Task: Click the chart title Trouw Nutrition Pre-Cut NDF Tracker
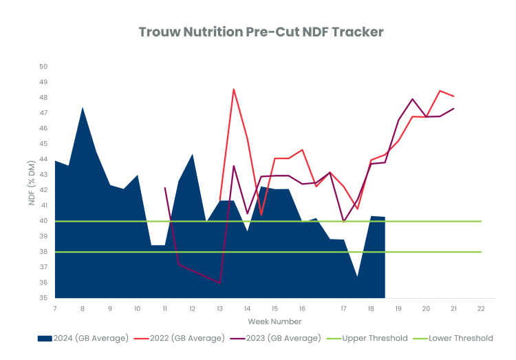tap(261, 32)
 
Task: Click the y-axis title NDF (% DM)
tap(32, 182)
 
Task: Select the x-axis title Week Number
tap(275, 321)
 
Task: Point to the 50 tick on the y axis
tap(43, 67)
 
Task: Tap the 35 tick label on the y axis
tap(43, 298)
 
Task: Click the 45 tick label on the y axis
tap(43, 144)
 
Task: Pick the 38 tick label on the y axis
tap(43, 252)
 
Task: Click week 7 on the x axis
tap(54, 308)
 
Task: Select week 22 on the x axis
tap(481, 308)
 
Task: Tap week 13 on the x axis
tap(219, 308)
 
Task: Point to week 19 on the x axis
tap(398, 308)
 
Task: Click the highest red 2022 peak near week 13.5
tap(233, 89)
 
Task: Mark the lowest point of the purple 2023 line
tap(219, 283)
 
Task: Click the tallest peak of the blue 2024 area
tap(83, 107)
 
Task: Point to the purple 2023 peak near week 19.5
tap(412, 99)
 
